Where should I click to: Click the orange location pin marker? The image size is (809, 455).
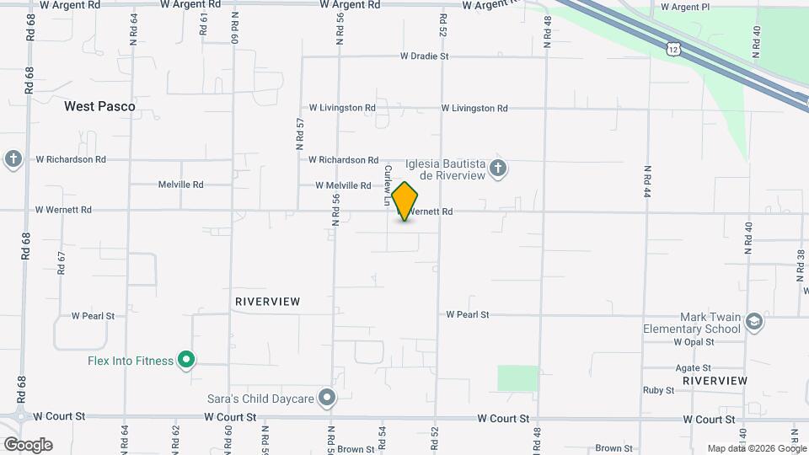coord(405,201)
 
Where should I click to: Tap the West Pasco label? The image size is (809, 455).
coord(99,107)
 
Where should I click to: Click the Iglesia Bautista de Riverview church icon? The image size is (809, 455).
coord(498,169)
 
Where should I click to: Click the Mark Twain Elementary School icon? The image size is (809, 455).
coord(753,322)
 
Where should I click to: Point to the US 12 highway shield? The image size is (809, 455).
coord(672,50)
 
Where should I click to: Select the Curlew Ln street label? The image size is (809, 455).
coord(388,185)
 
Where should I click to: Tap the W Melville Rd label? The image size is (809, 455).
coord(343,185)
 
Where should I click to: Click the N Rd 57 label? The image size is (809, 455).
coord(300,134)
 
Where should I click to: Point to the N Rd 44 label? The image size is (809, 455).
coord(647,180)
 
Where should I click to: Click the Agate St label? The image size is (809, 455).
coord(694,368)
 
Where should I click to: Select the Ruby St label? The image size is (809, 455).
coord(658,390)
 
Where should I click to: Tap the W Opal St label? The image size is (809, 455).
coord(694,342)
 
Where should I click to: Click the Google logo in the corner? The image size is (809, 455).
coord(28,445)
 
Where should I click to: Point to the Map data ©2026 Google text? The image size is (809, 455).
coord(756,448)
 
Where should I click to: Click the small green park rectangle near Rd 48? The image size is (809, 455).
coord(517,378)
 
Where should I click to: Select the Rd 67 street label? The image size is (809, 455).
coord(62,263)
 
